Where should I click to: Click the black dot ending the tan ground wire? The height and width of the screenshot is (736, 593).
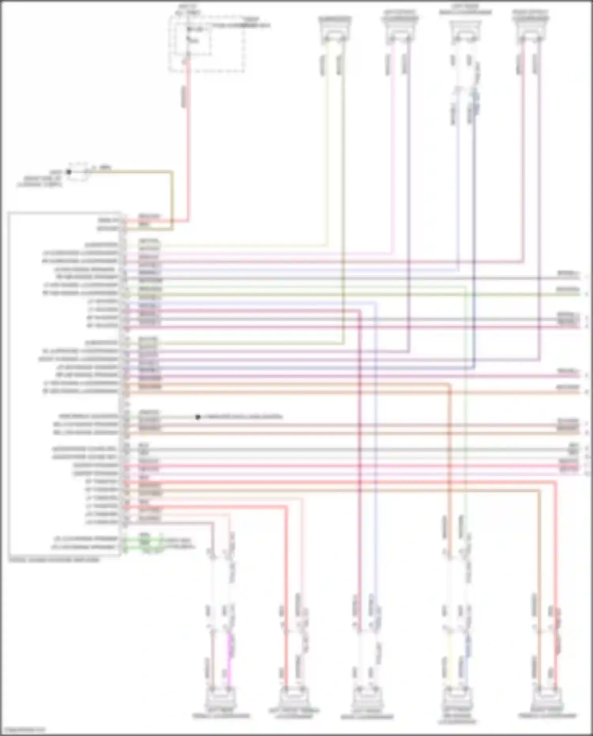[68, 172]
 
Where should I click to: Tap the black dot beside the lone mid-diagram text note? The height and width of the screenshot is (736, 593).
[198, 417]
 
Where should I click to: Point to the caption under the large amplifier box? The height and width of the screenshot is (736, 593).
[54, 560]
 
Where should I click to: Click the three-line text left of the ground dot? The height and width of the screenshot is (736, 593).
[40, 178]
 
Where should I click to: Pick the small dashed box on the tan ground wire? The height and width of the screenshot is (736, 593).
[79, 172]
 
